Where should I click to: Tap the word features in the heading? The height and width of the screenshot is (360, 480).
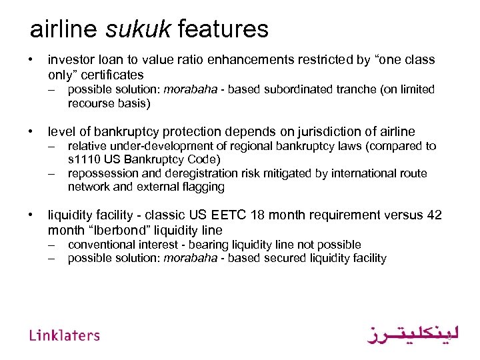[223, 29]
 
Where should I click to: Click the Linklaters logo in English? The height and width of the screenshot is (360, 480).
[65, 335]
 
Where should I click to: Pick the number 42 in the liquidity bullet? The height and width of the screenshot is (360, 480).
[435, 215]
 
